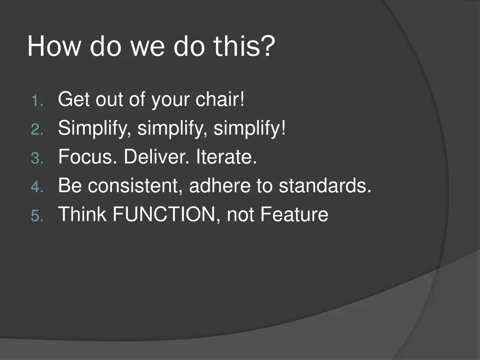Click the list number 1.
37,101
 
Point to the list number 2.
37,129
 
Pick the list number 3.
37,158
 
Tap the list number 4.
37,187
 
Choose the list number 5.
37,215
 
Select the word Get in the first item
74,99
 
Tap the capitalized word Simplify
92,128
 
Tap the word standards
322,185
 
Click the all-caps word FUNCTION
165,214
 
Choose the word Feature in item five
294,214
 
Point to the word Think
82,214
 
